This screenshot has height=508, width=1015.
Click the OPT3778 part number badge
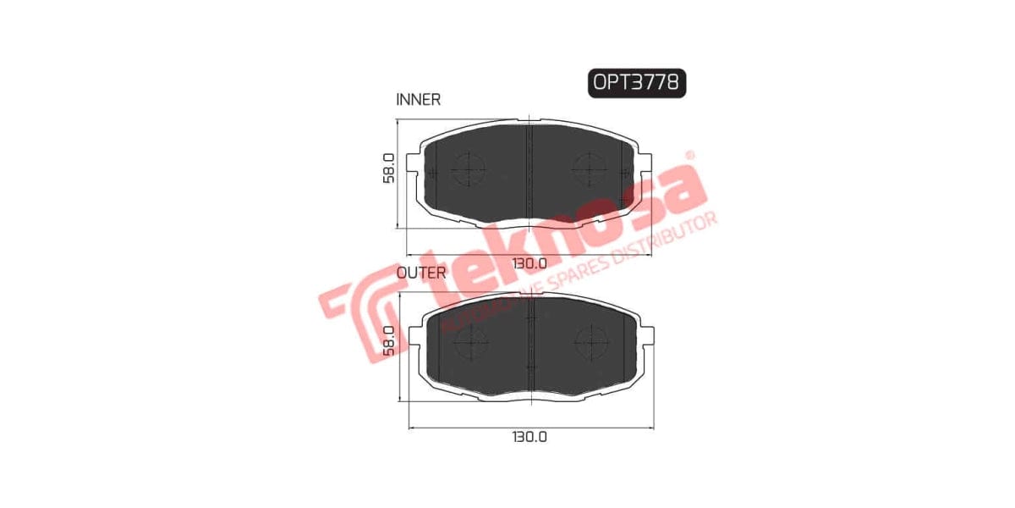[636, 82]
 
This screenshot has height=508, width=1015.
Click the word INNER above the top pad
[418, 100]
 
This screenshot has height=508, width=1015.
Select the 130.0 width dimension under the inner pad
[529, 263]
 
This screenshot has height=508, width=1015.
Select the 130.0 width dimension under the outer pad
[529, 437]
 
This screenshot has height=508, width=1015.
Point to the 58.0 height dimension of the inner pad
[388, 168]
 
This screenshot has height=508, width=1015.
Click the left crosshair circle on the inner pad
[468, 170]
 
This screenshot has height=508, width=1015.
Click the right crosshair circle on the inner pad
[589, 170]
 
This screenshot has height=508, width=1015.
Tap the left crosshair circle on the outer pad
[470, 342]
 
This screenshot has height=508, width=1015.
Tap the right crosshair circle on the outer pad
[590, 342]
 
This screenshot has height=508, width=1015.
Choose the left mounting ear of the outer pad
[415, 336]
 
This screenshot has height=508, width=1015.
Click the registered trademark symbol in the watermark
[689, 156]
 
